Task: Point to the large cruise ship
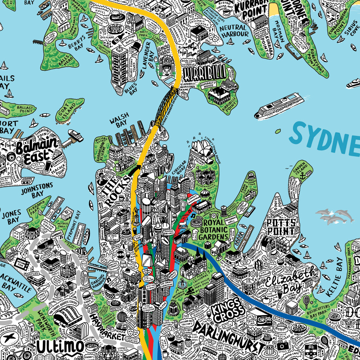278,105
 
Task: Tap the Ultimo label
60,346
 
